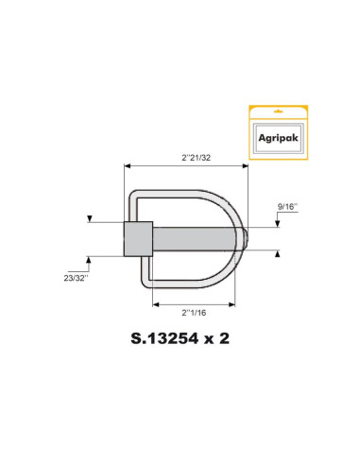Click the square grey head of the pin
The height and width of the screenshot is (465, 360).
click(x=137, y=238)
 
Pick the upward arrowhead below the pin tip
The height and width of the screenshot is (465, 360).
click(x=278, y=253)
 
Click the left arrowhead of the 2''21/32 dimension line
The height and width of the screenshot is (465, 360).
click(x=127, y=164)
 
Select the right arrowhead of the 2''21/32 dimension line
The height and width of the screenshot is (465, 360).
click(x=247, y=164)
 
